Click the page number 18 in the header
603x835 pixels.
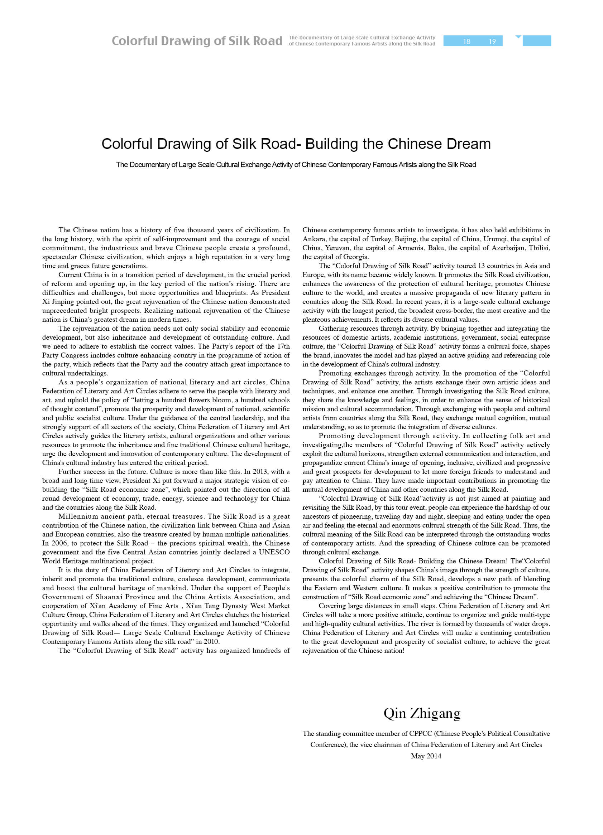466,42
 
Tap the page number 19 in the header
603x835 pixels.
492,42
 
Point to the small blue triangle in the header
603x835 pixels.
518,37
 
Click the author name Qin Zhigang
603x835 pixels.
422,713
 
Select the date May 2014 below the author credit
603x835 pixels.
426,756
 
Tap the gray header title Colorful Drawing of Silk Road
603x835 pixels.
197,41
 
